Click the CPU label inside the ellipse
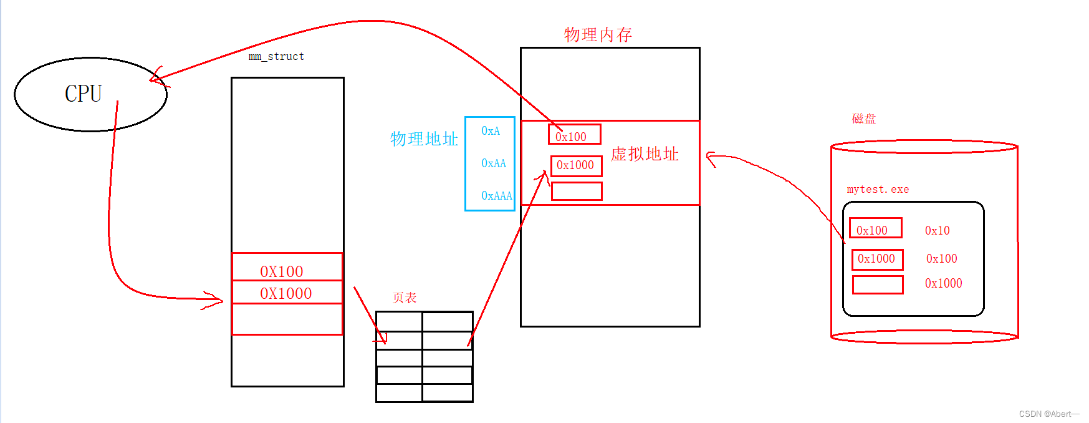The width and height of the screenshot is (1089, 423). pos(83,94)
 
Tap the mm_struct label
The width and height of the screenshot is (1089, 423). pos(276,56)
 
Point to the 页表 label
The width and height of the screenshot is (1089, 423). pos(405,298)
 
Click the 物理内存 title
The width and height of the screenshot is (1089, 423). pos(598,34)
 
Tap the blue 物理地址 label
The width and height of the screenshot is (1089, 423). pos(424,139)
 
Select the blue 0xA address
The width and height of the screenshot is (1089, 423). pos(491,131)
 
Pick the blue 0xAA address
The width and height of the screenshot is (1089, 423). pos(494,163)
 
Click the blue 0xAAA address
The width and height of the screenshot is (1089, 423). pos(496,196)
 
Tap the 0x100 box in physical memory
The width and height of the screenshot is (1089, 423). pos(573,135)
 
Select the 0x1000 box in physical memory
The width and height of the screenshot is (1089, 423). pos(576,165)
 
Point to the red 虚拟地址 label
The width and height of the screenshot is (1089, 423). pos(645,154)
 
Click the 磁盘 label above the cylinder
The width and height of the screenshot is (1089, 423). pos(864,119)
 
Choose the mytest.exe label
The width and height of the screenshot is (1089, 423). pos(878,189)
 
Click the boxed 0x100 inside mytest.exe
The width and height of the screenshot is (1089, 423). pos(875,229)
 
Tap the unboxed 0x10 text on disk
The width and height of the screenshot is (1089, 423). pos(937,231)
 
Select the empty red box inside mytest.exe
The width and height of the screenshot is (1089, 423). pos(878,284)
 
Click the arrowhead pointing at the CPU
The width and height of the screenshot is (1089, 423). pos(154,77)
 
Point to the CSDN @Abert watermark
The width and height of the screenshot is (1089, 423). pos(1048,414)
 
